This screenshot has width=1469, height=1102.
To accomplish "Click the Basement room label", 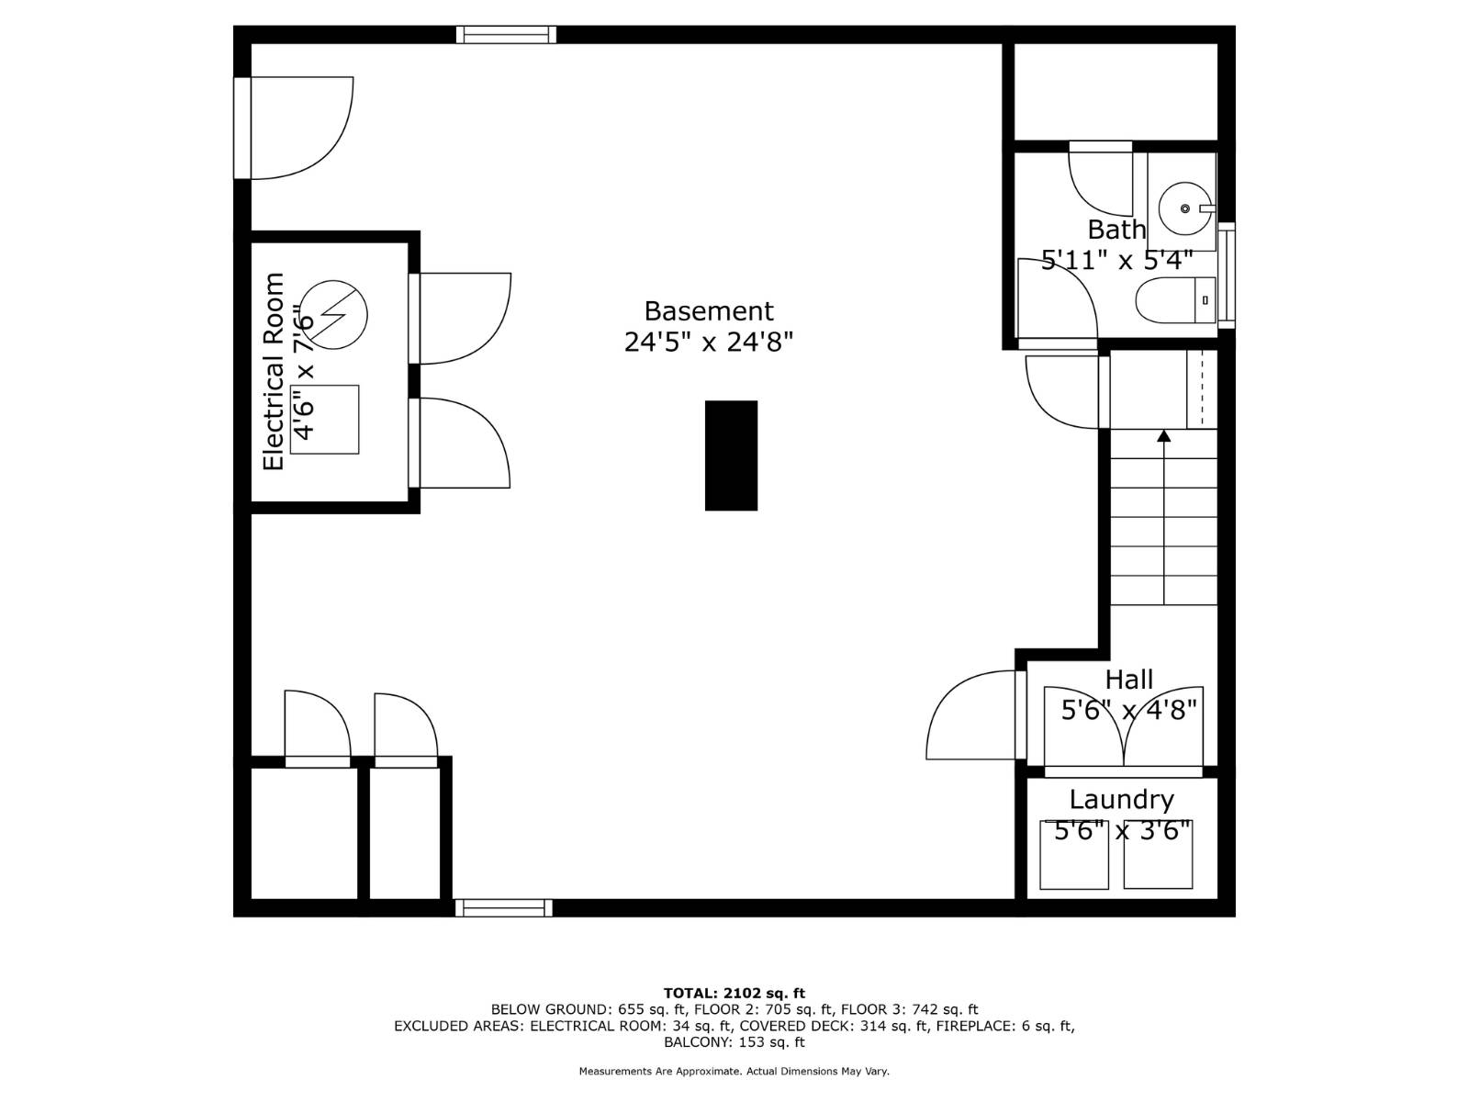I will tap(708, 311).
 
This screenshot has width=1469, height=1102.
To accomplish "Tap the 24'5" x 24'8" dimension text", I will tap(708, 343).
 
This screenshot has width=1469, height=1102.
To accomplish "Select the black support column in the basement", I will tap(731, 455).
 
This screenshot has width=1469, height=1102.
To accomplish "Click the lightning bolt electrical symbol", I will tap(334, 314).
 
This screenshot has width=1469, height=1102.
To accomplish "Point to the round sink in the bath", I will tap(1183, 208).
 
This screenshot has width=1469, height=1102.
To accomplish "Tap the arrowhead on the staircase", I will tap(1164, 435).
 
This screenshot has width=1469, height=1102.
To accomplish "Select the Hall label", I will tap(1128, 680).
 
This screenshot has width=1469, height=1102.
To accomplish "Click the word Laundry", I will tap(1121, 800).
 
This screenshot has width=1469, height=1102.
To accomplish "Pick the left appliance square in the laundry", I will tap(1073, 855).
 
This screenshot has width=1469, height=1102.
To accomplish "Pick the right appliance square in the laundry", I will tap(1158, 855).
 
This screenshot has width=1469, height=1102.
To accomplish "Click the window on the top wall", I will tap(506, 35).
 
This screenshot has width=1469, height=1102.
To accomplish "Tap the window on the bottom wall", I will tap(503, 907).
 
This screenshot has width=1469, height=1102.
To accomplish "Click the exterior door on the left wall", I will tap(242, 128).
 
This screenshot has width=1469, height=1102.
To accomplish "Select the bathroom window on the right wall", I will tap(1227, 275).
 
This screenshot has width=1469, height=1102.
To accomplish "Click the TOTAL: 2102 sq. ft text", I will tap(734, 993).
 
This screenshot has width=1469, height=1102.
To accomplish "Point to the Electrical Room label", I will tap(274, 372).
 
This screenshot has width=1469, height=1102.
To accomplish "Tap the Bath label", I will tap(1116, 230).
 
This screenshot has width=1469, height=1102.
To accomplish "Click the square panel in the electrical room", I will tap(325, 420).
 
